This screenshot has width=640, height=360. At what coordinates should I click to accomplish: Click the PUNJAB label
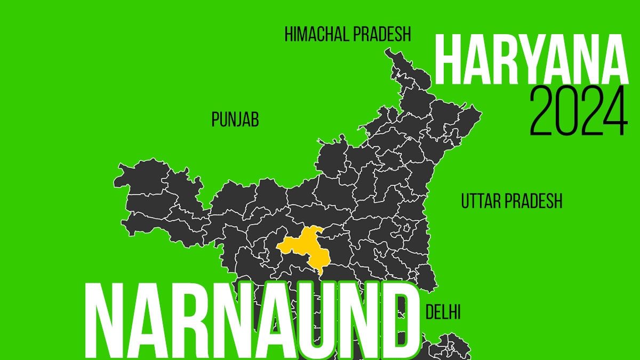[235, 120]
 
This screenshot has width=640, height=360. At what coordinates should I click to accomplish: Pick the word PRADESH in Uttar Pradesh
[534, 202]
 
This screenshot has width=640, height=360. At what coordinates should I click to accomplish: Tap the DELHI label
[443, 313]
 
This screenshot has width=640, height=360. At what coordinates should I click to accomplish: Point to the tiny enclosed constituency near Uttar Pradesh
[409, 229]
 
